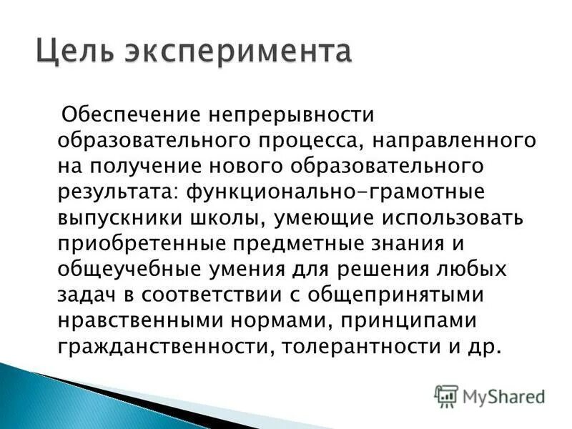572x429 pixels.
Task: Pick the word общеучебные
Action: point(130,270)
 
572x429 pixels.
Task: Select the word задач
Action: point(83,295)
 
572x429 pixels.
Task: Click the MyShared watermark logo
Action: point(489,396)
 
